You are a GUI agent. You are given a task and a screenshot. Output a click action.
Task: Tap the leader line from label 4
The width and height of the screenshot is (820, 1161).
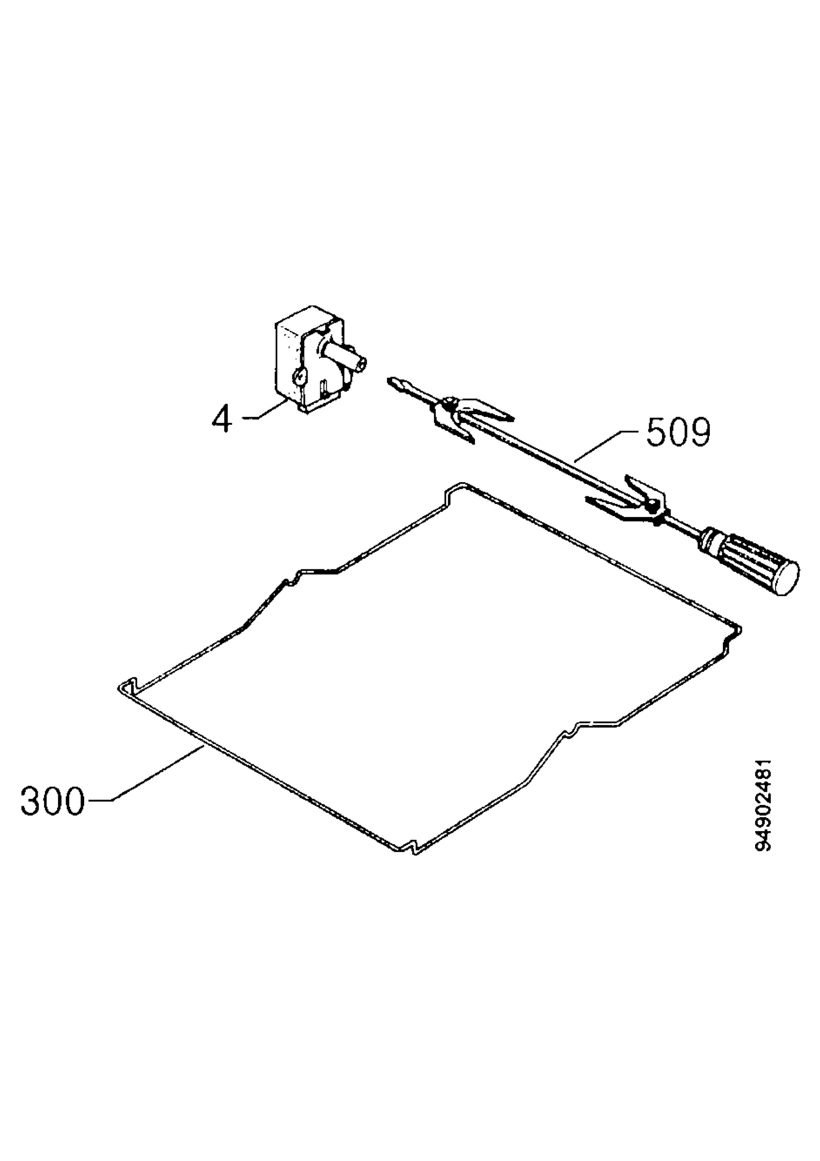(265, 409)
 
